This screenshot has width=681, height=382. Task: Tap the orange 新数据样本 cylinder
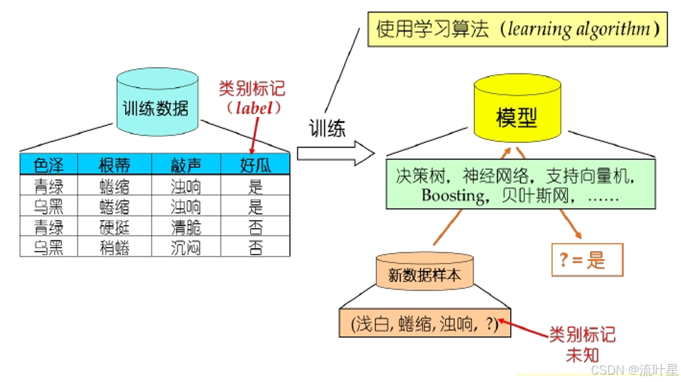(x=424, y=272)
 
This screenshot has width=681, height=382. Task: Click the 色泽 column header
(x=48, y=165)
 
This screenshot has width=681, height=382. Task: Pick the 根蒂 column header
(x=114, y=165)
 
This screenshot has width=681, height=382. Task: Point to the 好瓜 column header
(x=255, y=165)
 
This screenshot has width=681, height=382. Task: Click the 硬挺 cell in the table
(x=114, y=227)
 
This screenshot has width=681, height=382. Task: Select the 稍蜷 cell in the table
(x=114, y=247)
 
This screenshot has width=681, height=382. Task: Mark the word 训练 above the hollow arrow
(x=327, y=128)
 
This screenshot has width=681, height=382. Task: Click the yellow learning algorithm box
(x=517, y=29)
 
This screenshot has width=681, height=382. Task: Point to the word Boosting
(x=453, y=196)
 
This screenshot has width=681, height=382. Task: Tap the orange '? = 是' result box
(x=587, y=260)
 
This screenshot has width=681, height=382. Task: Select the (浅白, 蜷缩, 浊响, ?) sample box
(x=424, y=325)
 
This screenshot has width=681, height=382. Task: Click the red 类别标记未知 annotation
(x=582, y=345)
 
